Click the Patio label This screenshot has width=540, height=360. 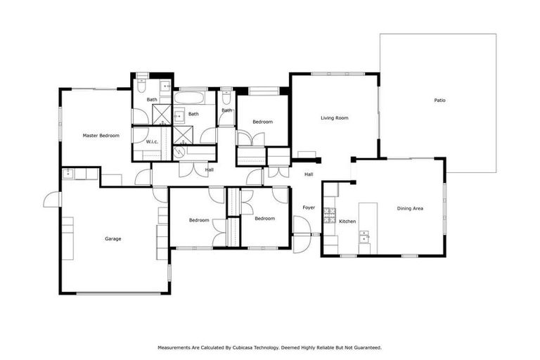click(439, 101)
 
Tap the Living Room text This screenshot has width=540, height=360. click(335, 118)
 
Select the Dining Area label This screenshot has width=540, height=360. click(410, 208)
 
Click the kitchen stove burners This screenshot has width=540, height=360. click(328, 215)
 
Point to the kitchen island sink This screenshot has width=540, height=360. click(364, 238)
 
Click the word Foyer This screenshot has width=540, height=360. click(309, 207)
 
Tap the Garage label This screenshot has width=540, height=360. click(113, 239)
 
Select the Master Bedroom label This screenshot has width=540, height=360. click(101, 136)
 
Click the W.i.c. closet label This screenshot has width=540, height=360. click(153, 142)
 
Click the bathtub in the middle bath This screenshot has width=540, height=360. click(188, 98)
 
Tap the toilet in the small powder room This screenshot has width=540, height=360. click(226, 98)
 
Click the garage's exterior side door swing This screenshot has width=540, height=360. click(52, 200)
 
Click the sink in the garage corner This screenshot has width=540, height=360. click(67, 174)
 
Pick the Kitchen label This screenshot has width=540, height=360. click(347, 221)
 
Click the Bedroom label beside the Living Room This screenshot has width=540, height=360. click(262, 122)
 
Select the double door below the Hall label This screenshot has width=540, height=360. click(188, 170)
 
